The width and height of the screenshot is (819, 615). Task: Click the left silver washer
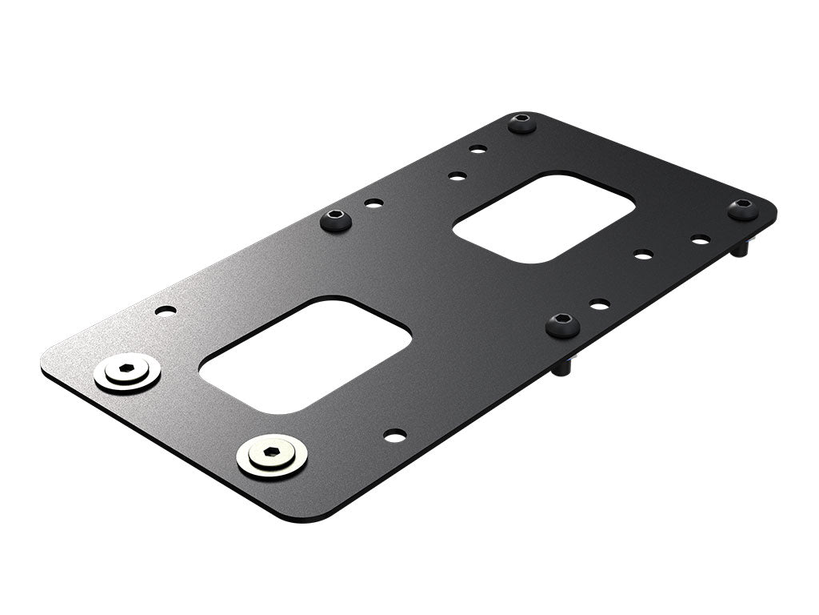point(127,372)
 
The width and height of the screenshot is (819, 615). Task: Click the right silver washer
point(272,456)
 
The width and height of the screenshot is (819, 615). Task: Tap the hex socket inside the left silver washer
point(126,369)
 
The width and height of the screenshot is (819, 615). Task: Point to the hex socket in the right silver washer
point(272,452)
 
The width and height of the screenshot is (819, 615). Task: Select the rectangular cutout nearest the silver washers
point(305,355)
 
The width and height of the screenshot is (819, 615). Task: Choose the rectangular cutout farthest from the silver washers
point(544,217)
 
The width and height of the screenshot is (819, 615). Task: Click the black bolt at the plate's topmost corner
point(522,123)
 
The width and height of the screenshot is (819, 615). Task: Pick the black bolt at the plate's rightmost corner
point(742,210)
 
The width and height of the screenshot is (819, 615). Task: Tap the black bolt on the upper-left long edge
point(336,219)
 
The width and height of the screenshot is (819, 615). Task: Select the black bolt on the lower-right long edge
point(563,325)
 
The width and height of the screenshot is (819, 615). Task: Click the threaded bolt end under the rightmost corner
point(741,248)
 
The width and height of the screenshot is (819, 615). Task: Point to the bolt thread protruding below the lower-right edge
point(562,368)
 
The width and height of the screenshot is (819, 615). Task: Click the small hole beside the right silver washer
point(394,435)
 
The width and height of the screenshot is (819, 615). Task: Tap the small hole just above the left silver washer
point(166,310)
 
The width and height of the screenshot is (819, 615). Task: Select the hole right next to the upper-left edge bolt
point(374,203)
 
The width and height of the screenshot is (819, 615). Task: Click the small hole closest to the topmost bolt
point(477,149)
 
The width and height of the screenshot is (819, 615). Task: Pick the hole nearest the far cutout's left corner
point(457,175)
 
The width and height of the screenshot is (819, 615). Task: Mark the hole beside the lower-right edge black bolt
point(599,304)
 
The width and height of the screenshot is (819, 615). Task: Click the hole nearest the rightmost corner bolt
point(700,239)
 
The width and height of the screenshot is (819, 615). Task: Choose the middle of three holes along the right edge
point(643,255)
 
